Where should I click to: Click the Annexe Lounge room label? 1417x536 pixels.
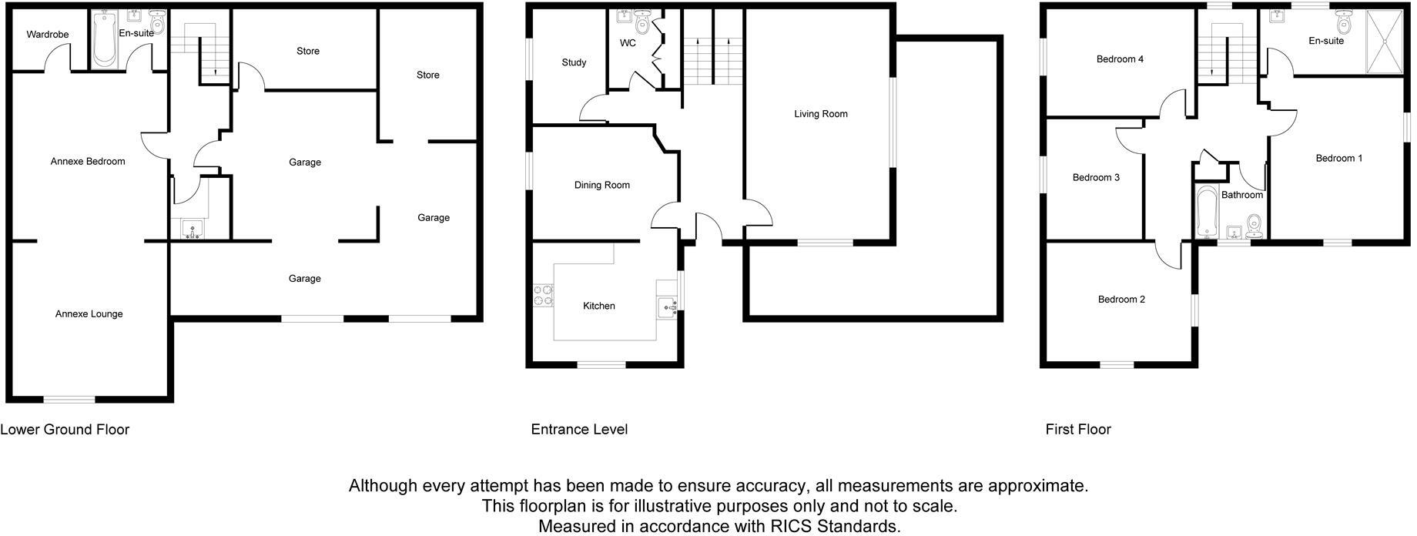click(x=89, y=314)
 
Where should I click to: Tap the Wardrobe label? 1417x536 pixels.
click(x=48, y=35)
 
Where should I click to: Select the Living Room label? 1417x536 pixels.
click(x=821, y=114)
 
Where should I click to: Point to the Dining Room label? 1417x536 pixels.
click(x=601, y=185)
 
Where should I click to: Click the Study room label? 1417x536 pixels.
click(x=574, y=62)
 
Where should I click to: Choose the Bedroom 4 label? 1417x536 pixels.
click(x=1120, y=59)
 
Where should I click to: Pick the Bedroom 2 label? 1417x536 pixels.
click(x=1121, y=300)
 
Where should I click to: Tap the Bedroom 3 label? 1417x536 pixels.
click(x=1096, y=178)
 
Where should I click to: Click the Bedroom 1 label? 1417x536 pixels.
click(x=1339, y=159)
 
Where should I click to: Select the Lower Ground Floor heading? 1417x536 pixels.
click(x=65, y=430)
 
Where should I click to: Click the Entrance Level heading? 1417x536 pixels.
click(x=579, y=430)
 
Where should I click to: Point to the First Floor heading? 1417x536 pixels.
click(x=1078, y=430)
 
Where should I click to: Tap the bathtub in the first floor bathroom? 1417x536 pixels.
click(x=1205, y=213)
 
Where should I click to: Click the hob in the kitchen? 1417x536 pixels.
click(x=543, y=296)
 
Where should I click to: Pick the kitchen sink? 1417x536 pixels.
click(x=667, y=308)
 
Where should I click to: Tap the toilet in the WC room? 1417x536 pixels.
click(x=642, y=24)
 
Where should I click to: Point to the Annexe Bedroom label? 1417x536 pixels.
click(x=88, y=162)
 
